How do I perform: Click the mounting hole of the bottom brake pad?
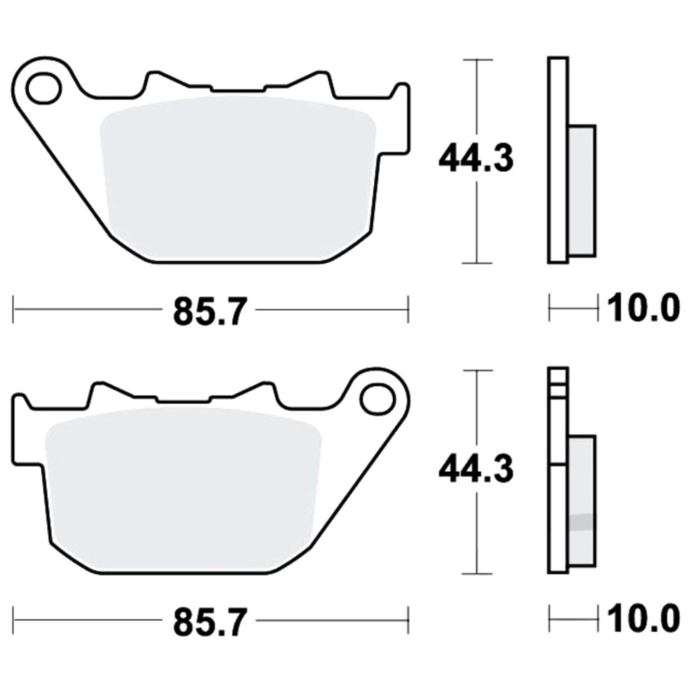(x=377, y=401)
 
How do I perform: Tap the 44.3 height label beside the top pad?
(x=476, y=158)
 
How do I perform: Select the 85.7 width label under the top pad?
(x=209, y=311)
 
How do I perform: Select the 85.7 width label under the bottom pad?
(x=209, y=622)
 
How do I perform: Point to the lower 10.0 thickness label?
(x=644, y=619)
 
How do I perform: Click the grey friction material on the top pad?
(x=238, y=177)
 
